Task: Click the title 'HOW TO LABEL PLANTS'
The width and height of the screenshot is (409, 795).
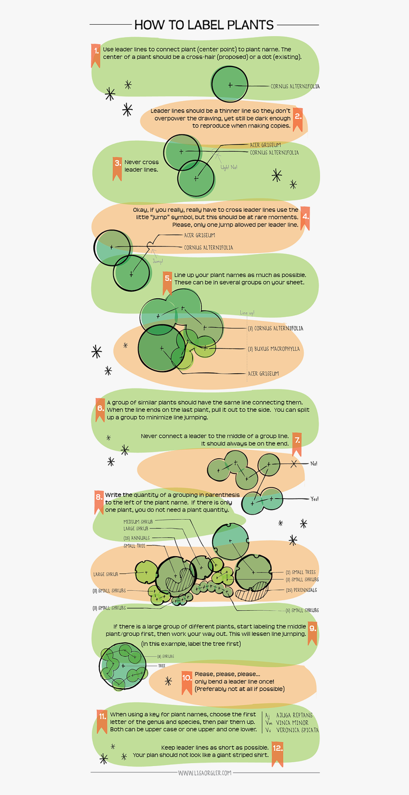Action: coord(204,25)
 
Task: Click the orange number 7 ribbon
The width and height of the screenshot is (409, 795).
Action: coord(297,443)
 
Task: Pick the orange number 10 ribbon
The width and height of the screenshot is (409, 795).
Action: coord(187,681)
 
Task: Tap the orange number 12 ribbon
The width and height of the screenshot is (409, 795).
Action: coord(277,751)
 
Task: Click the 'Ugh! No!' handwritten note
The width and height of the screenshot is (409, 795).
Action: coord(229,168)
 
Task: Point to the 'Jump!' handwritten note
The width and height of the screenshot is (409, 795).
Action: coord(158,262)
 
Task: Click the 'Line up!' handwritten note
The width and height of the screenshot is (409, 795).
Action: coord(247,313)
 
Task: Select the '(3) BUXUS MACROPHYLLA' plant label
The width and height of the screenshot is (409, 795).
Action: coord(274,349)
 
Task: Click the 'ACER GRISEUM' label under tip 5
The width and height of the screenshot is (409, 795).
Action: coord(263,374)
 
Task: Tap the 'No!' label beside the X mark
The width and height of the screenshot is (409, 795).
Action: coord(314,464)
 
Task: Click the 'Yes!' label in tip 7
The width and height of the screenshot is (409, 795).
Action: coord(314,499)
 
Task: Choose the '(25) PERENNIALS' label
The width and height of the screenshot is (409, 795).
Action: coord(301,590)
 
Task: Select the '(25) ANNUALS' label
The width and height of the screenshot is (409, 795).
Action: coord(136,538)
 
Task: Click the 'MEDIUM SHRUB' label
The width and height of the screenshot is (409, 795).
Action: coord(138,521)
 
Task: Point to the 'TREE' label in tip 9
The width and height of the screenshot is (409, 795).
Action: coord(162,666)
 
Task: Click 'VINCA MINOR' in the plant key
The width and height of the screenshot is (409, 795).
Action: coord(292,722)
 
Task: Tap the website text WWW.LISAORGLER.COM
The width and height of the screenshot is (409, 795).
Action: coord(204,773)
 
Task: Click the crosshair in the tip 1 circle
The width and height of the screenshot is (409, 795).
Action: coord(230,85)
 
